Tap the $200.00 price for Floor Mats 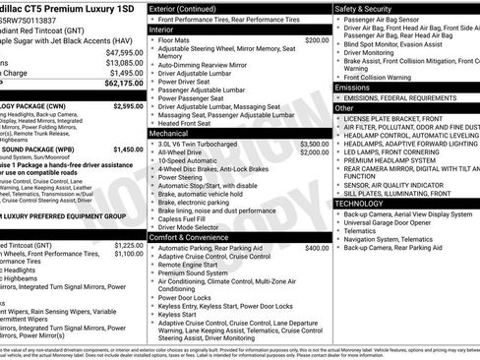tap(317, 40)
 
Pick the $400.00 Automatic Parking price tap(317, 248)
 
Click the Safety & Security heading tap(368, 8)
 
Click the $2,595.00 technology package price tap(127, 105)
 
